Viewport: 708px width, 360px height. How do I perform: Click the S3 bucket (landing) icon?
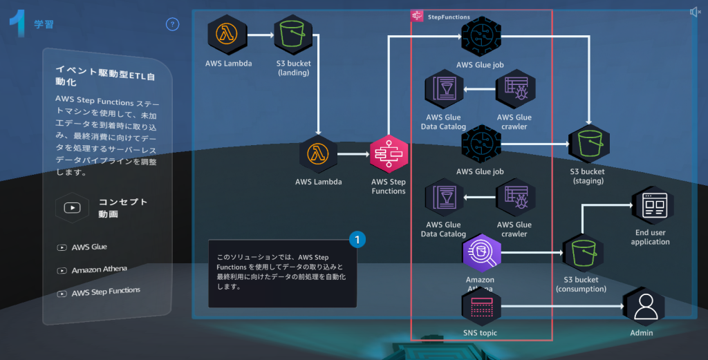(x=293, y=33)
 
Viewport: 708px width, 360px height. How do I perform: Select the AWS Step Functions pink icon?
(x=389, y=153)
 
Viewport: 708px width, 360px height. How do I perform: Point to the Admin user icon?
(x=644, y=305)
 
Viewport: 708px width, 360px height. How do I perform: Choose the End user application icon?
(x=651, y=205)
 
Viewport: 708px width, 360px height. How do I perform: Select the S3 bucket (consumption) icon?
(x=581, y=252)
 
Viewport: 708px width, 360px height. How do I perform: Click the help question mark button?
(x=172, y=24)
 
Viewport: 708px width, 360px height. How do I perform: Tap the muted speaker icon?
(x=695, y=12)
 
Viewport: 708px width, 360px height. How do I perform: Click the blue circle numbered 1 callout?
(x=357, y=240)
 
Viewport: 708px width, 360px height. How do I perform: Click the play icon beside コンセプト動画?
(x=73, y=207)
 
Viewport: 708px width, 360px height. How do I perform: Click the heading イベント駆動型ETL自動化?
(x=104, y=75)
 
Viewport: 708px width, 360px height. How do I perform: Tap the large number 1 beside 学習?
(x=18, y=23)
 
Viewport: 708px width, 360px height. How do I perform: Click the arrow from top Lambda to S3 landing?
(x=260, y=33)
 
